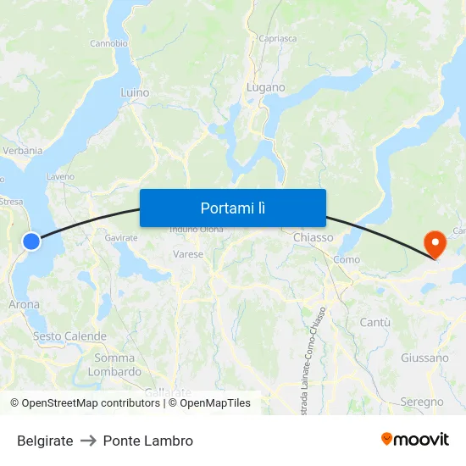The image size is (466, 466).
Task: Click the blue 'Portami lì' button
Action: [232, 208]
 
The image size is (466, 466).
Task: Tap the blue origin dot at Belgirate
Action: [31, 241]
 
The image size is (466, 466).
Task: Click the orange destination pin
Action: [435, 245]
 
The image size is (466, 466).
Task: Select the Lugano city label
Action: [265, 87]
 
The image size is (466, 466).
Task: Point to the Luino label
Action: [135, 92]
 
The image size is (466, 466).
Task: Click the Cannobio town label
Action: [108, 43]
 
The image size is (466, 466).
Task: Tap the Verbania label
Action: [23, 151]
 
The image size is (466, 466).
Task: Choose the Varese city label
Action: [188, 253]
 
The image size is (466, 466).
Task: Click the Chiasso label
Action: [313, 238]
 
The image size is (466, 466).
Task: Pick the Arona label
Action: [24, 304]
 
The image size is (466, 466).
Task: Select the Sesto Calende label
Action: [69, 336]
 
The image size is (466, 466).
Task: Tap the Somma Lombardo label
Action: [114, 364]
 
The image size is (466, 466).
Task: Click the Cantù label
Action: [374, 322]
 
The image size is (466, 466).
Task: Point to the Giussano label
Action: [424, 358]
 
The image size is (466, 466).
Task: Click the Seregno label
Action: [422, 402]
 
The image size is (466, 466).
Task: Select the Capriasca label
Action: [278, 38]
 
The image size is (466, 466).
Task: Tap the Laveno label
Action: [60, 177]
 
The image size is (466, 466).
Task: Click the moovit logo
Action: [415, 440]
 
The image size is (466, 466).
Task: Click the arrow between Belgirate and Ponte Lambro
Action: [88, 441]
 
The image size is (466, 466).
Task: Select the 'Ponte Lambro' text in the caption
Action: [148, 441]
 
